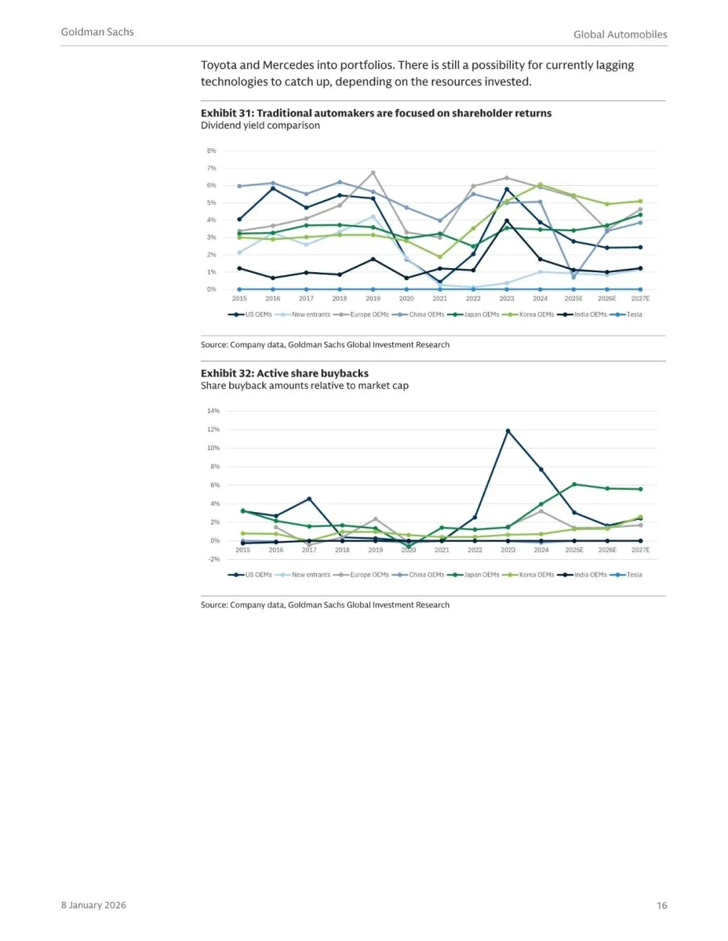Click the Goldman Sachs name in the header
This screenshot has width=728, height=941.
click(97, 32)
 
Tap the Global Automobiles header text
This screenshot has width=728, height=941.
click(620, 34)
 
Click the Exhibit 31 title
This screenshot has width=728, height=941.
click(376, 113)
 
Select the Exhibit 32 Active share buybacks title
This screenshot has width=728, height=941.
click(284, 373)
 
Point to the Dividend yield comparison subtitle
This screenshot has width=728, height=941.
click(260, 125)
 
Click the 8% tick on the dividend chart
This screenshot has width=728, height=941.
click(212, 151)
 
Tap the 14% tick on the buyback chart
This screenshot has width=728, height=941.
click(213, 411)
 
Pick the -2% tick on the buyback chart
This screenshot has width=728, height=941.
click(214, 559)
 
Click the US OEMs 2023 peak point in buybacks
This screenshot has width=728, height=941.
click(508, 431)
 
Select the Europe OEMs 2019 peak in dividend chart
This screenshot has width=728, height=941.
click(373, 172)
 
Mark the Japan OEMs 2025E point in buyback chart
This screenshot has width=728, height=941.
click(574, 484)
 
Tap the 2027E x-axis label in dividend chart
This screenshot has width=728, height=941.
click(640, 298)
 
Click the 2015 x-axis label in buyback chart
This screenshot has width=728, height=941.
click(243, 550)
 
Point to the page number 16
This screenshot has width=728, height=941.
click(661, 905)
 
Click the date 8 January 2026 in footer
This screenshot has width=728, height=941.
click(94, 905)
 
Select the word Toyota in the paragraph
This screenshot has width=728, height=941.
click(219, 65)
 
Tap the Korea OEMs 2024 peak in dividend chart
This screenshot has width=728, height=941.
click(540, 185)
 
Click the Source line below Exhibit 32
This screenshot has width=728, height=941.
click(325, 605)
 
